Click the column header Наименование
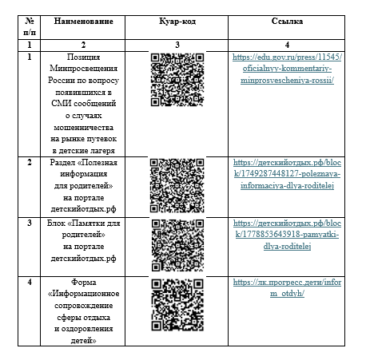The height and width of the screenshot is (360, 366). pyautogui.click(x=83, y=22)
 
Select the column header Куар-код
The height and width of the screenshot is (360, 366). pyautogui.click(x=177, y=22)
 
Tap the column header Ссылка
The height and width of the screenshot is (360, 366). pyautogui.click(x=287, y=22)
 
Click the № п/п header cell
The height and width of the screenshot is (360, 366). pyautogui.click(x=30, y=26)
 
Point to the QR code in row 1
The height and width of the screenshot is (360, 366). pyautogui.click(x=177, y=80)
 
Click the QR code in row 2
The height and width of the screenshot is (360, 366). pyautogui.click(x=177, y=186)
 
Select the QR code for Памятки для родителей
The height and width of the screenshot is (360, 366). pyautogui.click(x=177, y=245)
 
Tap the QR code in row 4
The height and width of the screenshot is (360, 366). pyautogui.click(x=177, y=305)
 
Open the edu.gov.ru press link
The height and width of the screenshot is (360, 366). pyautogui.click(x=287, y=69)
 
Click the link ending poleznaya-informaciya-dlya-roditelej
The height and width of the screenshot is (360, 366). pyautogui.click(x=287, y=174)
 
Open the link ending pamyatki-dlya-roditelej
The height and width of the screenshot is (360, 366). pyautogui.click(x=287, y=235)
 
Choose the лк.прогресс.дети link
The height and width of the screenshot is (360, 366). pyautogui.click(x=287, y=287)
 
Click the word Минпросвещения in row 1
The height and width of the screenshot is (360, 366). pyautogui.click(x=83, y=69)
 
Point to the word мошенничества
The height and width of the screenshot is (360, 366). pyautogui.click(x=83, y=128)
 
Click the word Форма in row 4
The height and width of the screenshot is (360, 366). pyautogui.click(x=83, y=282)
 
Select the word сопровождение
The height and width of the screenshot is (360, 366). pyautogui.click(x=83, y=306)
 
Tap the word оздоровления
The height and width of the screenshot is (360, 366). pyautogui.click(x=87, y=329)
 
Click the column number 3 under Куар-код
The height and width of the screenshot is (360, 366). pyautogui.click(x=177, y=45)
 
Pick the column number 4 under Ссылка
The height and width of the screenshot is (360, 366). pyautogui.click(x=287, y=45)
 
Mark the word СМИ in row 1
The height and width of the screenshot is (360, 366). pyautogui.click(x=61, y=104)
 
